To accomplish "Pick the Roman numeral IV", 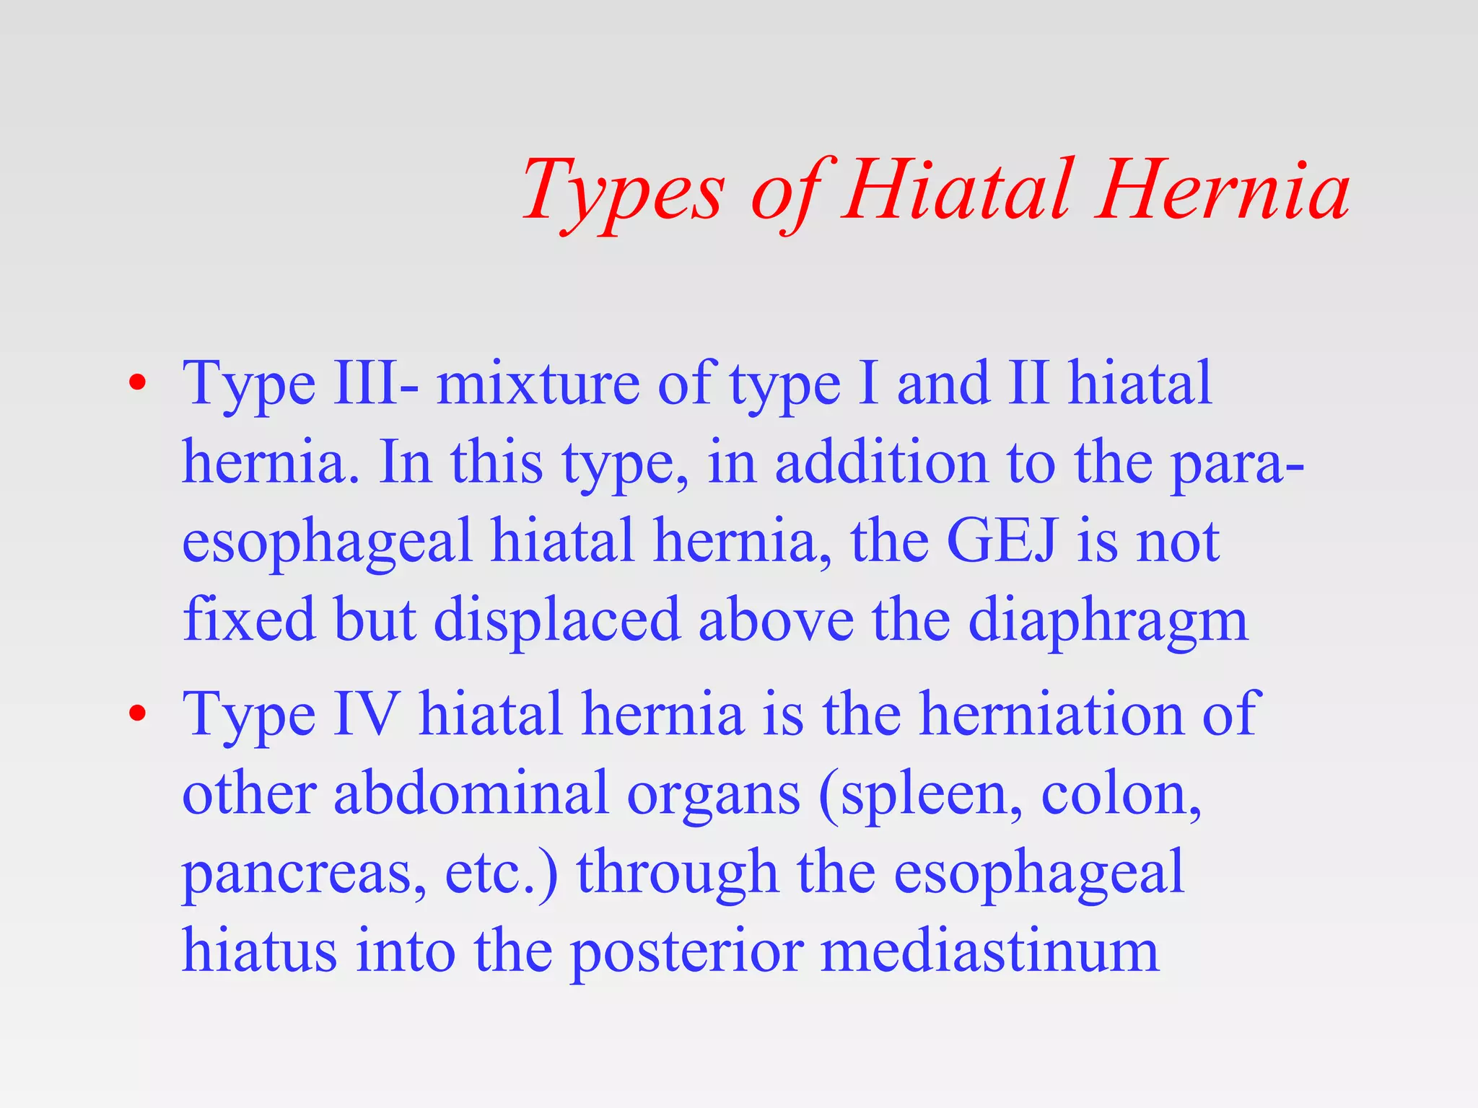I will [x=366, y=713].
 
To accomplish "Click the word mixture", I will [x=538, y=383].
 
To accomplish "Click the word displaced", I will [x=556, y=620].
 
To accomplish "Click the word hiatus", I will [x=259, y=951].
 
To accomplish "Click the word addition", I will [x=880, y=462].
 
